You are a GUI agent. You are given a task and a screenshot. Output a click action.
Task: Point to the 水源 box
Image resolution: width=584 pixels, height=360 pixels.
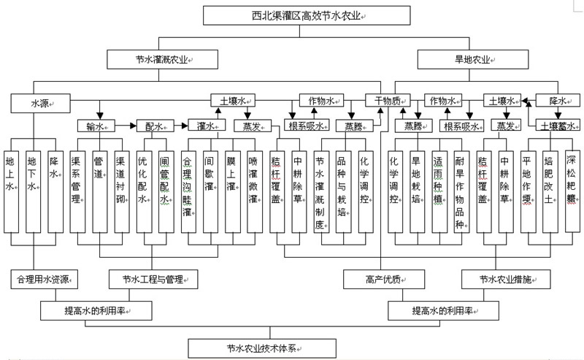[x=39, y=104]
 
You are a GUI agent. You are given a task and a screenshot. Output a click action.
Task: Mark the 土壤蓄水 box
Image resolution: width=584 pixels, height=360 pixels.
[x=558, y=126]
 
